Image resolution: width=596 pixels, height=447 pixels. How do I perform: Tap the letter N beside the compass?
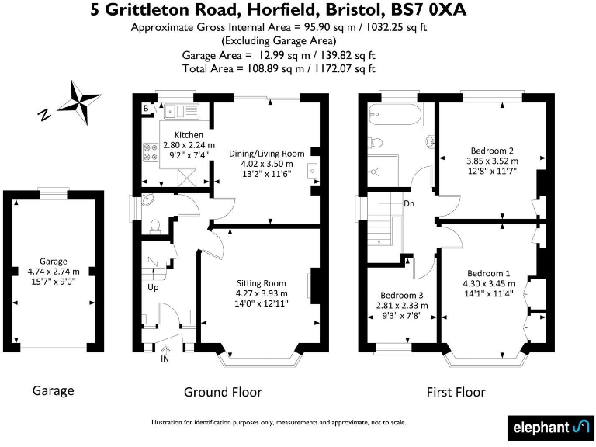(x=45, y=115)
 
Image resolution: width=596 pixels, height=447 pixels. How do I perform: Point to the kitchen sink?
(x=184, y=111)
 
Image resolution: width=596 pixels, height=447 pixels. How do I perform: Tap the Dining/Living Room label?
(x=266, y=154)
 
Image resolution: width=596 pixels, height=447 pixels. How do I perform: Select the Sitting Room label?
(x=261, y=283)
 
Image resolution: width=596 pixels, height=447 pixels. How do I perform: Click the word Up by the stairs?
(x=153, y=287)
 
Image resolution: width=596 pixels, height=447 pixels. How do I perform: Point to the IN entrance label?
(x=165, y=359)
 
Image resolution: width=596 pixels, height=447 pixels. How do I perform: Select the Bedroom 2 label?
(x=491, y=151)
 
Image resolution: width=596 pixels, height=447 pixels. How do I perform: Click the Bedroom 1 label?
(x=488, y=273)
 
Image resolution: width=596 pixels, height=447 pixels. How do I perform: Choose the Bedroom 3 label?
(x=401, y=296)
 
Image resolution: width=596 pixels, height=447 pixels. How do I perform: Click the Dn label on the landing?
(x=408, y=204)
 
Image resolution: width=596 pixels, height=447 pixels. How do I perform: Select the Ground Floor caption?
(x=222, y=392)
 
